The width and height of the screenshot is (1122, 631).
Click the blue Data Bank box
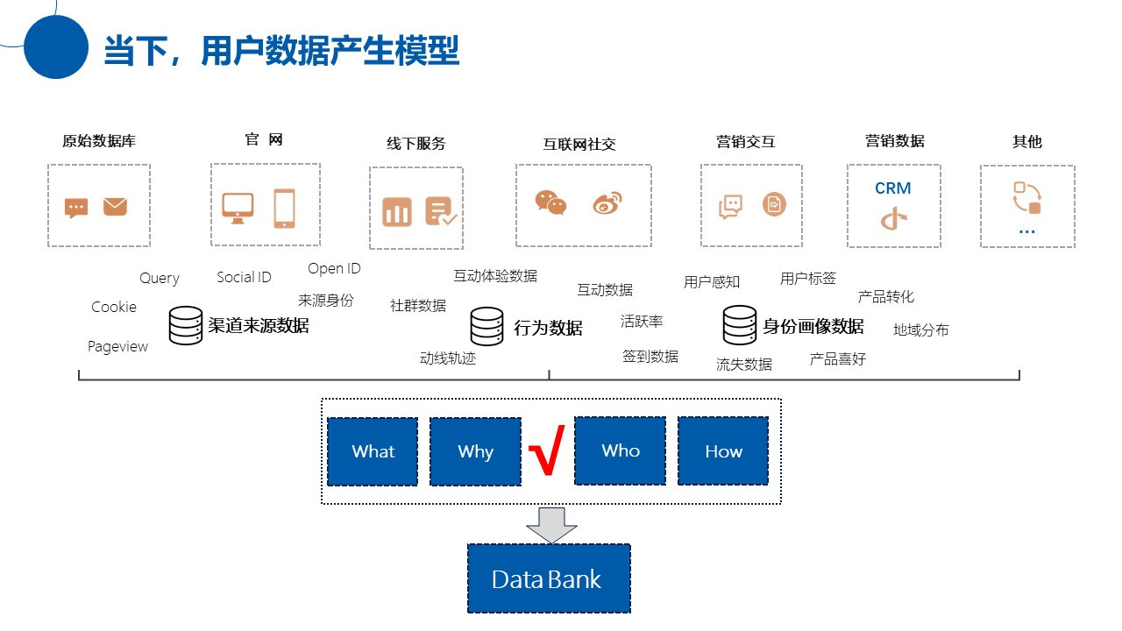tap(549, 578)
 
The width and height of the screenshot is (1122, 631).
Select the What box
tap(373, 451)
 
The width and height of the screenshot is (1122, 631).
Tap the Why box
tap(475, 451)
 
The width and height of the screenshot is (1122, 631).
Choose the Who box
tap(620, 450)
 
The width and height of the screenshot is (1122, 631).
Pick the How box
tap(723, 451)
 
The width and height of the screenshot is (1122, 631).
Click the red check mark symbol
tap(545, 450)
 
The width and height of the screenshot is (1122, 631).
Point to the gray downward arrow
tap(551, 524)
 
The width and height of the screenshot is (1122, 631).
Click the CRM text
tap(892, 188)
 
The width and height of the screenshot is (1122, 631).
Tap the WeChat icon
tap(550, 202)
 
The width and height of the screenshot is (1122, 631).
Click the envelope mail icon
tap(115, 207)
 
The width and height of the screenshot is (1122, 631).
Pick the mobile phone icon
tap(284, 209)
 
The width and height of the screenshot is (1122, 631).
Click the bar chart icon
tap(396, 211)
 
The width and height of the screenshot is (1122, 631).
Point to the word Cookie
tap(114, 307)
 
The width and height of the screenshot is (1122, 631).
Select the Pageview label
tap(117, 346)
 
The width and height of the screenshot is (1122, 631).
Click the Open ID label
tap(334, 268)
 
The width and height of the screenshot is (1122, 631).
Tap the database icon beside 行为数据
tap(486, 326)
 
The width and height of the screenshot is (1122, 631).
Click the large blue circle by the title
tap(56, 46)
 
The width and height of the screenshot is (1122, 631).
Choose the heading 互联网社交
tap(579, 144)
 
